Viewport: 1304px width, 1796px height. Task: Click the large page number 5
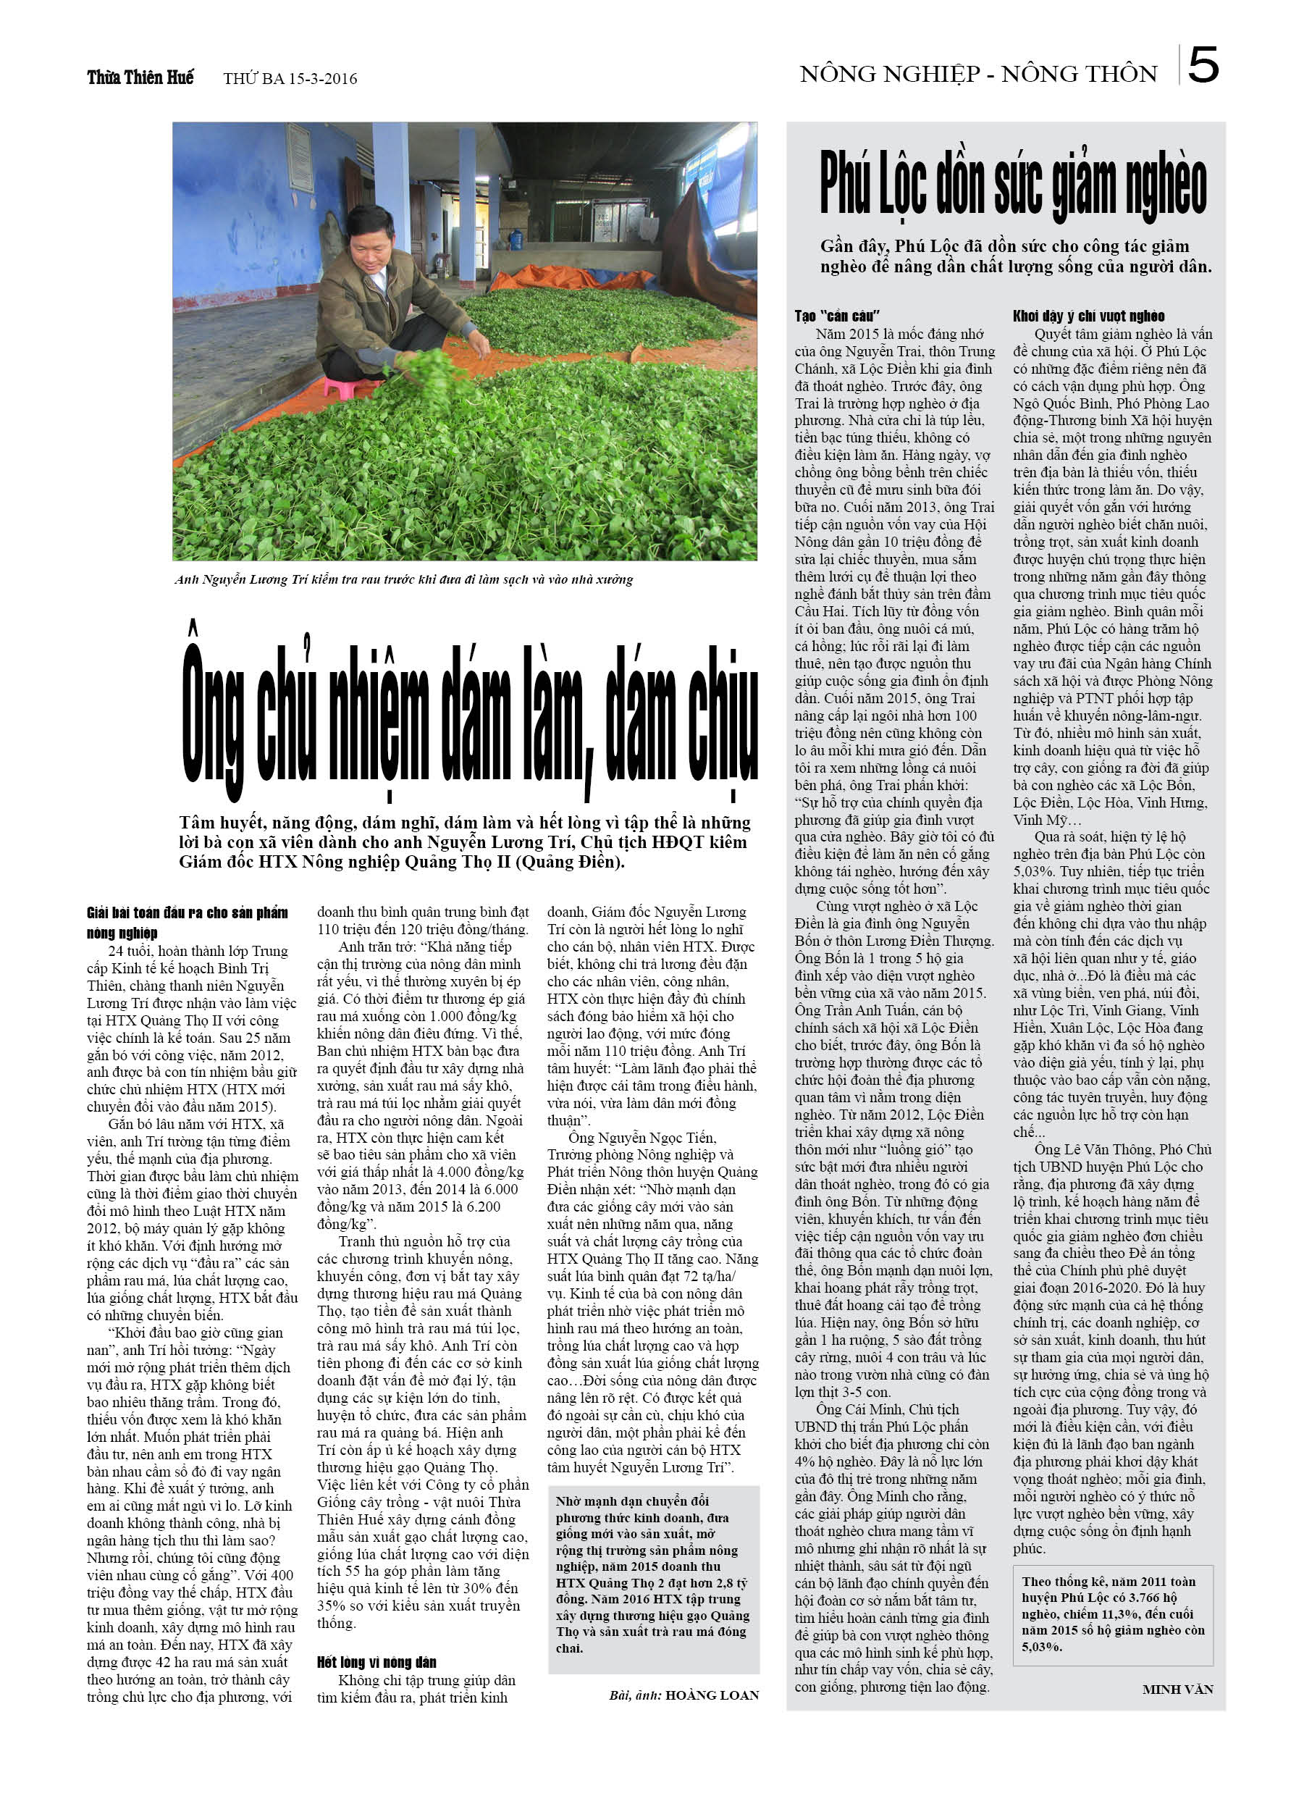pos(1203,67)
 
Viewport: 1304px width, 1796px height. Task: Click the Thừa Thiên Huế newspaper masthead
pos(140,77)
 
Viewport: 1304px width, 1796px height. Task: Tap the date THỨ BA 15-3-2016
pos(290,78)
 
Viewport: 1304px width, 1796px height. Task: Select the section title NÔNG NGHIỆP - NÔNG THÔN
pos(977,75)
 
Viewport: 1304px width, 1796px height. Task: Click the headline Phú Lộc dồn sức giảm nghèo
pos(1013,185)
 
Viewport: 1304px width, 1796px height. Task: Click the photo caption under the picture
pos(404,579)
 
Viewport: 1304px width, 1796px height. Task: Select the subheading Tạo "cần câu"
pos(837,316)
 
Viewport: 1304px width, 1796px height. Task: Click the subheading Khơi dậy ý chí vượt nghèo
pos(1089,316)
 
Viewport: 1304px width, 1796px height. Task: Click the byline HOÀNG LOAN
pos(712,1695)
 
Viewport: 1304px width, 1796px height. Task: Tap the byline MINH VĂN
pos(1177,1689)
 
